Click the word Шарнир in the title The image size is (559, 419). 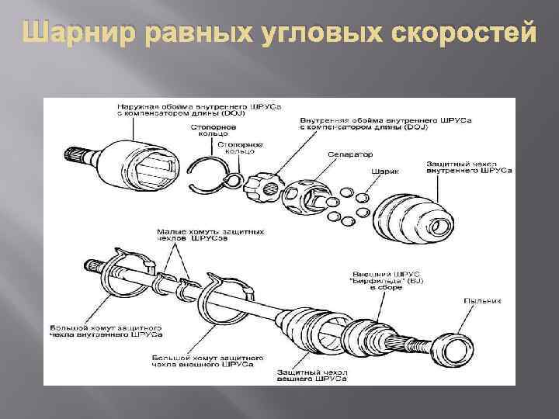tap(68, 34)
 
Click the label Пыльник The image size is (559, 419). tap(483, 300)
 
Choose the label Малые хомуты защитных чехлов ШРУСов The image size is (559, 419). tap(210, 235)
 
